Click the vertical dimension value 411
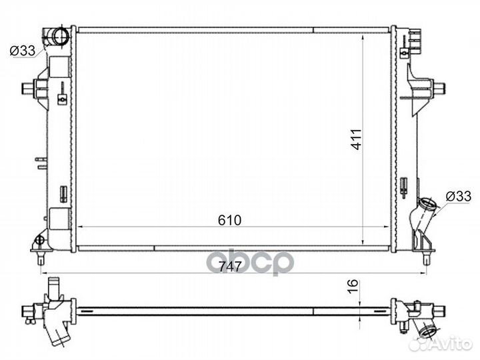tap(357, 139)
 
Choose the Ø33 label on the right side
tap(458, 195)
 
